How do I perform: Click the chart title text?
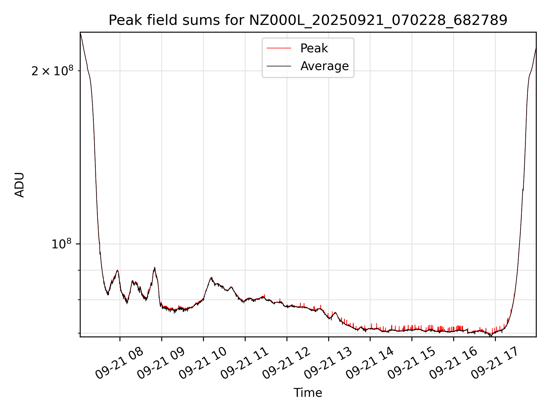click(308, 20)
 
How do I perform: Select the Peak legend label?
click(314, 48)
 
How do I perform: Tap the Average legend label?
click(324, 66)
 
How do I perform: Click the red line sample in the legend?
click(279, 48)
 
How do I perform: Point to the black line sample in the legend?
click(279, 66)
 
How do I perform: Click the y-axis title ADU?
click(19, 185)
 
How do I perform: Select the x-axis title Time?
click(308, 393)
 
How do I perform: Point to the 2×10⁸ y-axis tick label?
click(52, 71)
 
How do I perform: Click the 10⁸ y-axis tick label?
click(61, 244)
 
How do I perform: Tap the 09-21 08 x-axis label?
click(119, 363)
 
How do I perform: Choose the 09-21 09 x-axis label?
click(161, 363)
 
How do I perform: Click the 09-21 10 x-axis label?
click(202, 363)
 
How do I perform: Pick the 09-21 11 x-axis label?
click(244, 363)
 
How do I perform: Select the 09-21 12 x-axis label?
click(286, 363)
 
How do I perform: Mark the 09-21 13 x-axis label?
click(328, 363)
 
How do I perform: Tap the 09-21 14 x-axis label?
click(369, 363)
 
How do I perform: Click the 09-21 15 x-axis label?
click(411, 363)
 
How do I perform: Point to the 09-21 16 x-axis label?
click(453, 363)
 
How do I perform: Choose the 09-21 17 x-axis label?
click(495, 363)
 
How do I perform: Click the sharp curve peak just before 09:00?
click(154, 268)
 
